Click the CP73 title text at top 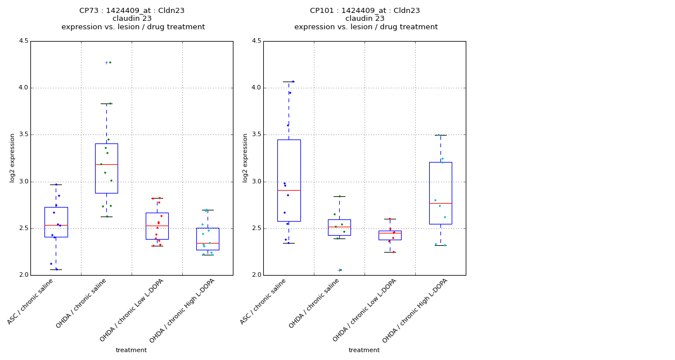(132, 11)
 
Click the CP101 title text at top (364, 11)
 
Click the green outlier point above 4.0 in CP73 (110, 62)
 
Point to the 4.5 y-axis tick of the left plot (24, 41)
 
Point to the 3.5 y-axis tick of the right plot (256, 135)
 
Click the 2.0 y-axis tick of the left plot (24, 275)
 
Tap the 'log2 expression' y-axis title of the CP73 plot (12, 158)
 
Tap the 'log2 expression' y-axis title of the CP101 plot (245, 158)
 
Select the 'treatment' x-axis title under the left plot (131, 350)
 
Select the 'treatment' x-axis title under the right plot (364, 350)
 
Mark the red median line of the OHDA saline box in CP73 (106, 164)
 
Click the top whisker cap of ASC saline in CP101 (289, 82)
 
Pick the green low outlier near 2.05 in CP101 (340, 270)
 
